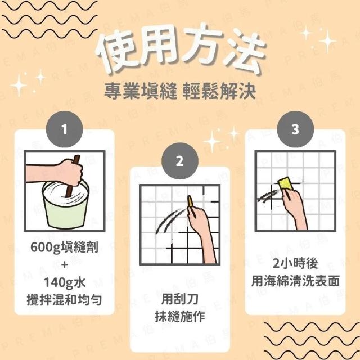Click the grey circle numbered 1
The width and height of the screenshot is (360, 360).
pyautogui.click(x=65, y=129)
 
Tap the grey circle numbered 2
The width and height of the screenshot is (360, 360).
pyautogui.click(x=180, y=161)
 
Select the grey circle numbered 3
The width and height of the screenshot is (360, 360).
pyautogui.click(x=295, y=129)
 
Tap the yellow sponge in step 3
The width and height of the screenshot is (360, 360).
pyautogui.click(x=287, y=184)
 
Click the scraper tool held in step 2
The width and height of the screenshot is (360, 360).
pyautogui.click(x=190, y=202)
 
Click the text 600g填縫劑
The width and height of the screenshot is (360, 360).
pyautogui.click(x=65, y=247)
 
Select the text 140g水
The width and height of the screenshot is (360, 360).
pyautogui.click(x=65, y=282)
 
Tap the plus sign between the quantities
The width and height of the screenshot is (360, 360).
pyautogui.click(x=65, y=265)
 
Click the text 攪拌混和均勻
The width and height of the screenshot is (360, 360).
pyautogui.click(x=65, y=300)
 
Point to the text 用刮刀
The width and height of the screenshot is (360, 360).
pyautogui.click(x=180, y=299)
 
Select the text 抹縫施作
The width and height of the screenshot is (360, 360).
pyautogui.click(x=180, y=316)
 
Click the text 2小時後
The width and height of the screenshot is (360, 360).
pyautogui.click(x=295, y=263)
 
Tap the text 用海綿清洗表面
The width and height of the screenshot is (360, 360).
pyautogui.click(x=295, y=281)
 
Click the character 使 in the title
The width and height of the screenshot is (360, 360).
pyautogui.click(x=118, y=51)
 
